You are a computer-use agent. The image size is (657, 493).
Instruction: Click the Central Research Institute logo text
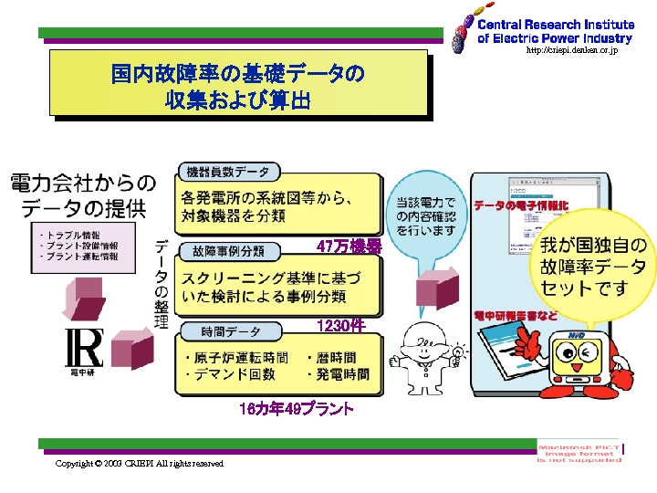click(554, 32)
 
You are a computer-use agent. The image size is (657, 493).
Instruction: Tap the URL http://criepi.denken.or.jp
click(572, 51)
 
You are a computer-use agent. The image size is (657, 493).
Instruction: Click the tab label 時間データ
click(222, 330)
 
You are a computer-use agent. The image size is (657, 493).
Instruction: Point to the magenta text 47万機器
click(349, 246)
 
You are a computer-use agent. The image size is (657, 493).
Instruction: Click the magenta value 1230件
click(340, 326)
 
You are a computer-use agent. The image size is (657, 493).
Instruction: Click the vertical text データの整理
click(161, 284)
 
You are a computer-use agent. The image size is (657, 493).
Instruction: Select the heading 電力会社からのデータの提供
click(82, 194)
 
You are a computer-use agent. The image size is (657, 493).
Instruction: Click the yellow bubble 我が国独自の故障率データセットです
click(593, 266)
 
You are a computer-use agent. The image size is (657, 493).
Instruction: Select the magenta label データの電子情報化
click(520, 206)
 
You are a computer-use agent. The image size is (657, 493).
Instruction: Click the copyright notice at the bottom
click(139, 464)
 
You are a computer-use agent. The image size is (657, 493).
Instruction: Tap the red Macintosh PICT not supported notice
click(579, 452)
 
